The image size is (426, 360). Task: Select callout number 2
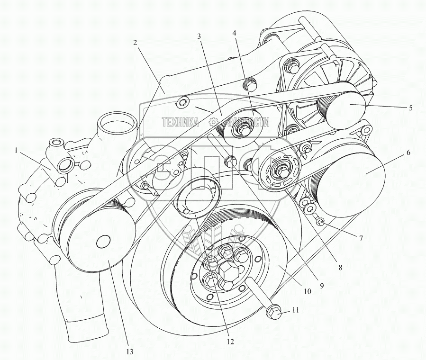pyautogui.click(x=136, y=43)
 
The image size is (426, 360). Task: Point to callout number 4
pyautogui.click(x=234, y=34)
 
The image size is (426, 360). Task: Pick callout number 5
pyautogui.click(x=410, y=108)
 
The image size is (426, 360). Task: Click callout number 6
pyautogui.click(x=408, y=153)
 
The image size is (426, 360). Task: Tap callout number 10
pyautogui.click(x=307, y=292)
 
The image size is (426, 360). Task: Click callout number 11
pyautogui.click(x=295, y=311)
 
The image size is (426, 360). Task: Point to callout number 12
pyautogui.click(x=231, y=340)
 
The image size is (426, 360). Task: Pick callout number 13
pyautogui.click(x=129, y=351)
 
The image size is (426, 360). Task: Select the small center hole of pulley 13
pyautogui.click(x=103, y=242)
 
